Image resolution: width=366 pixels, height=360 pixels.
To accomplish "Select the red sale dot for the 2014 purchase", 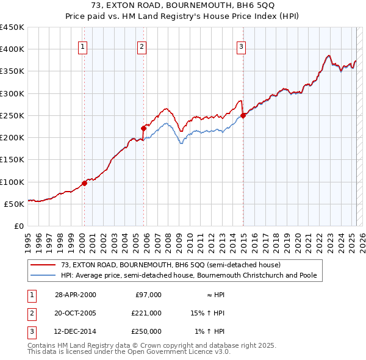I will [243, 115].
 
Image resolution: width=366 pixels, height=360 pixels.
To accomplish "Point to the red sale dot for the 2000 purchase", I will [84, 183].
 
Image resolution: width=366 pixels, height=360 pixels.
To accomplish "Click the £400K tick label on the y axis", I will [12, 49].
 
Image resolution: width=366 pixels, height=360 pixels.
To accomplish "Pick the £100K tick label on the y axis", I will [12, 182].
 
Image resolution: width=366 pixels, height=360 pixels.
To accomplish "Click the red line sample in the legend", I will [43, 265].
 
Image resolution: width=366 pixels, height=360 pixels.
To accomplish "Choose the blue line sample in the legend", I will [43, 275].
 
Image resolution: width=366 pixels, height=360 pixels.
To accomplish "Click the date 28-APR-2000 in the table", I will [76, 295].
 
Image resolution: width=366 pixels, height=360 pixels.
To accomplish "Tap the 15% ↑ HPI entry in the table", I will [208, 313].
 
